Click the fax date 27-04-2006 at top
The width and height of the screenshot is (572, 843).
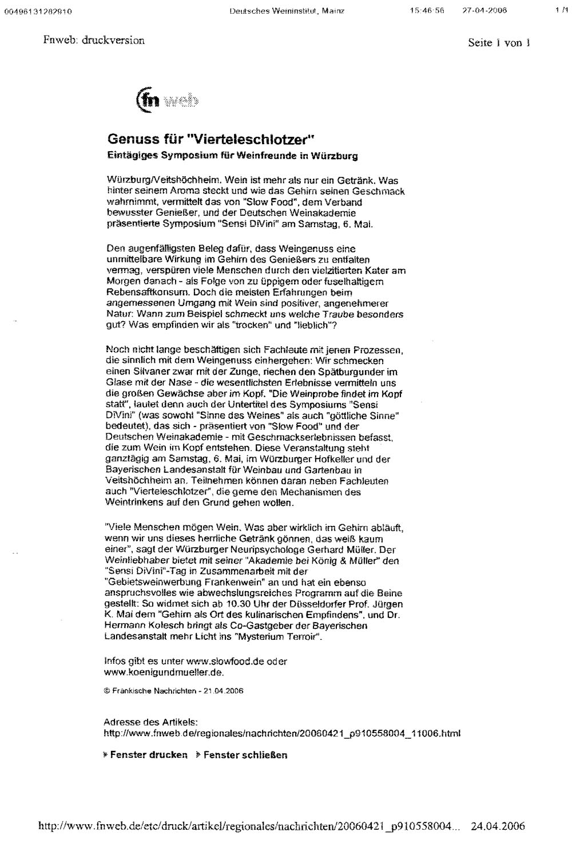[x=484, y=10]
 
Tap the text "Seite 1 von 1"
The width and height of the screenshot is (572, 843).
[x=499, y=43]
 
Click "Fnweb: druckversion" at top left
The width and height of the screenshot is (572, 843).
[x=94, y=40]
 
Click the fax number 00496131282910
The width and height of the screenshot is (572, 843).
[x=38, y=11]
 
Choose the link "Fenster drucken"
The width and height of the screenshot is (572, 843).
[x=148, y=755]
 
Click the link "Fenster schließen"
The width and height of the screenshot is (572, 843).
[x=245, y=755]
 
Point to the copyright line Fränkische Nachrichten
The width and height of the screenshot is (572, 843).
[x=173, y=691]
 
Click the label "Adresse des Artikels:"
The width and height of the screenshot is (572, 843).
[x=150, y=722]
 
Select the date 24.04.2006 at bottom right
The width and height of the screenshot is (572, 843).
[x=498, y=826]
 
